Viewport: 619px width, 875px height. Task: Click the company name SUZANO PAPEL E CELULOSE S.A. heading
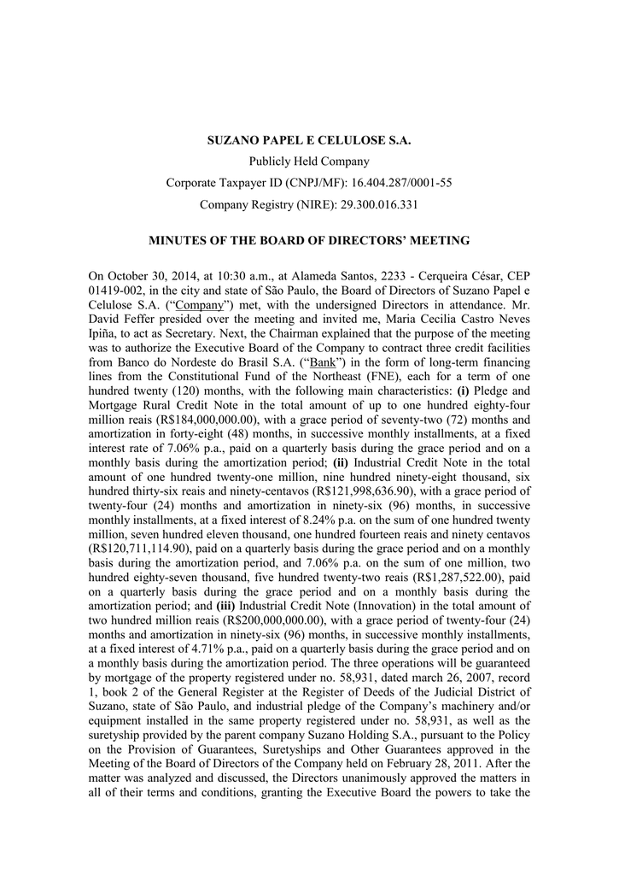tap(309, 139)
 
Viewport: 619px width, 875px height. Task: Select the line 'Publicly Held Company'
tap(309, 161)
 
